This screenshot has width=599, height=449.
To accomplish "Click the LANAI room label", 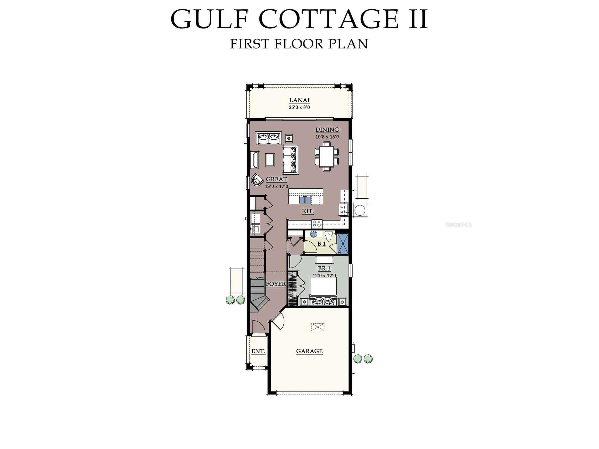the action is point(299,100).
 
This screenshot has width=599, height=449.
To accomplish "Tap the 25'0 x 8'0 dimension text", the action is point(299,107).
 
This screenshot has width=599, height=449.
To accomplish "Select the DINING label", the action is point(327,130).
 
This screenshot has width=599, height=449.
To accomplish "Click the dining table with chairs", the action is point(327,156).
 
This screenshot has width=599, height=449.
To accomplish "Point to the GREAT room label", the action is point(276,179).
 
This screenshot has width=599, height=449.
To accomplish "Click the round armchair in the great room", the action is point(257,180).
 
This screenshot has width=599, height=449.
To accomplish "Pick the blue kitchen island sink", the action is point(305,200).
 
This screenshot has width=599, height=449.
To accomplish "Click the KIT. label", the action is point(308,211).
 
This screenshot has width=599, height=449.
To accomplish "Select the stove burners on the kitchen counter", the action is point(317,223).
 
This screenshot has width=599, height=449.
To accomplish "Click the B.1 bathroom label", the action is point(321,244).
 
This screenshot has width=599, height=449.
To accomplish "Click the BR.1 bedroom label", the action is point(324,268).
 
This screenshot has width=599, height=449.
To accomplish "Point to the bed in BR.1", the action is point(323,291).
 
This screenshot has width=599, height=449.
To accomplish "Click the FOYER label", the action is point(276,284).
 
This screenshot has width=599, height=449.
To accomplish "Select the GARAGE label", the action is point(309,351).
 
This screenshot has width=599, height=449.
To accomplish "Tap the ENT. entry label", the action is point(258,351).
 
